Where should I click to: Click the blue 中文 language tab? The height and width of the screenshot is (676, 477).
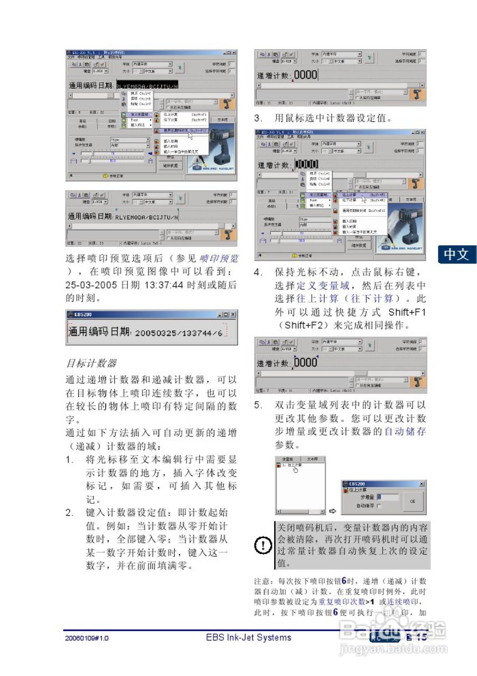pyautogui.click(x=456, y=255)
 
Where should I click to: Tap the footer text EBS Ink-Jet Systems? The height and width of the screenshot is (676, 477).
pyautogui.click(x=248, y=637)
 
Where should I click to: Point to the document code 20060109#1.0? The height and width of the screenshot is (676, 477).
pyautogui.click(x=87, y=638)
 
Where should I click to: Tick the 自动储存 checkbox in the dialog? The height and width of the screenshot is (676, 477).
pyautogui.click(x=379, y=505)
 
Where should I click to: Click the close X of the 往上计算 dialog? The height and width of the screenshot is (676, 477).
pyautogui.click(x=421, y=484)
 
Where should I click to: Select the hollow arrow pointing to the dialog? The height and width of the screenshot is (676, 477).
pyautogui.click(x=332, y=511)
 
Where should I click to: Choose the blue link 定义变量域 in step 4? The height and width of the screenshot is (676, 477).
pyautogui.click(x=324, y=286)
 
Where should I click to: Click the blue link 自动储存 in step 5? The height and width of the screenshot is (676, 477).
pyautogui.click(x=405, y=431)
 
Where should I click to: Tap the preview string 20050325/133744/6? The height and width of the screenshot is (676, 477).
pyautogui.click(x=178, y=333)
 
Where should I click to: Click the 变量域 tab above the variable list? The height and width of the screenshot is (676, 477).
pyautogui.click(x=287, y=459)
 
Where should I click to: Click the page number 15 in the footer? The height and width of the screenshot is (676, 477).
pyautogui.click(x=421, y=637)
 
